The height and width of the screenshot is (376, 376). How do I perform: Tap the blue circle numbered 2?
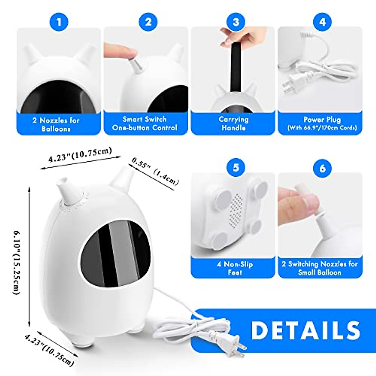click(x=148, y=22)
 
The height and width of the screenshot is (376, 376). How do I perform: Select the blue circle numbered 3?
click(x=236, y=22)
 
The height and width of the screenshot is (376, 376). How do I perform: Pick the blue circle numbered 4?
click(x=322, y=22)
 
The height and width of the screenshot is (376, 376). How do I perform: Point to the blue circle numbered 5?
click(x=236, y=167)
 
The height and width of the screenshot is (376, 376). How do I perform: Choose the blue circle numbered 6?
click(x=322, y=168)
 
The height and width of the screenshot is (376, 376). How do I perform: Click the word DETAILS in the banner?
click(x=305, y=330)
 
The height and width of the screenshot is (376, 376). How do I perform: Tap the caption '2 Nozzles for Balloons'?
click(x=56, y=124)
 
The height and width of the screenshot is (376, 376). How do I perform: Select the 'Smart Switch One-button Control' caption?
click(x=145, y=123)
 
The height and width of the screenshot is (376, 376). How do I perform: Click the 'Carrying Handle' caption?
click(x=233, y=123)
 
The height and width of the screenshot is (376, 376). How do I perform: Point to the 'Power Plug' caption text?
click(x=322, y=120)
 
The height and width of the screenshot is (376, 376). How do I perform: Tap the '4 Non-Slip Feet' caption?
click(x=235, y=268)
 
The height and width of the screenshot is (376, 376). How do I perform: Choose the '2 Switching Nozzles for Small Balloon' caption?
click(x=319, y=268)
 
